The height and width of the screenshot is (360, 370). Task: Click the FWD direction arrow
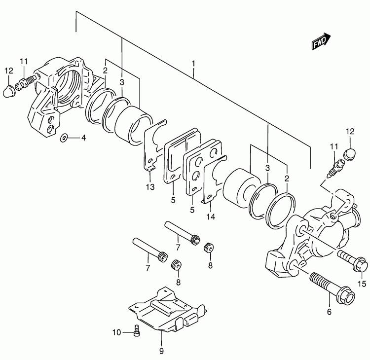(321, 41)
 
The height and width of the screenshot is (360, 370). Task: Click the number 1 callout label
(193, 64)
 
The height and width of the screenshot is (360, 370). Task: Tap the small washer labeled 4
(64, 138)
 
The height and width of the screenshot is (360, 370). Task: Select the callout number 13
(150, 187)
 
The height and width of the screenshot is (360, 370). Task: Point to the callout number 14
(211, 216)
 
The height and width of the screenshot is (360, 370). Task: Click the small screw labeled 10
(137, 330)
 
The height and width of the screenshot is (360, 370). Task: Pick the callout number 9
(161, 351)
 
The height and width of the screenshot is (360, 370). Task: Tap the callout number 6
(329, 312)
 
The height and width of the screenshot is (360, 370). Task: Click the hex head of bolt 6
(346, 297)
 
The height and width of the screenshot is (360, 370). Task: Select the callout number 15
(362, 284)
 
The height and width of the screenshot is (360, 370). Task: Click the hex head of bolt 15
(360, 264)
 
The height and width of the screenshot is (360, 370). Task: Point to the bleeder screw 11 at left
(26, 82)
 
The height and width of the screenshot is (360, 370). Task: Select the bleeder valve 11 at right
(335, 169)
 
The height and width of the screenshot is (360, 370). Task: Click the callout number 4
(83, 138)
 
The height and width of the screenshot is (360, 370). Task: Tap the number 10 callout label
(116, 333)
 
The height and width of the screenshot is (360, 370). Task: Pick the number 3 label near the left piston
(122, 82)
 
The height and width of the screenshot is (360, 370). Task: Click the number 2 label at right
(287, 178)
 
